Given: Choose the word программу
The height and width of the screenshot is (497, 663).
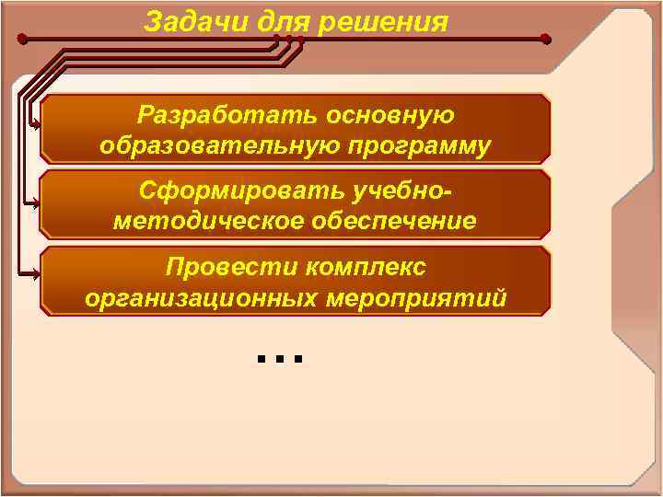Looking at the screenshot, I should click(408, 145).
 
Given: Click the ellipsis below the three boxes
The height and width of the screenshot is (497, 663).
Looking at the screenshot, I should click(280, 357).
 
